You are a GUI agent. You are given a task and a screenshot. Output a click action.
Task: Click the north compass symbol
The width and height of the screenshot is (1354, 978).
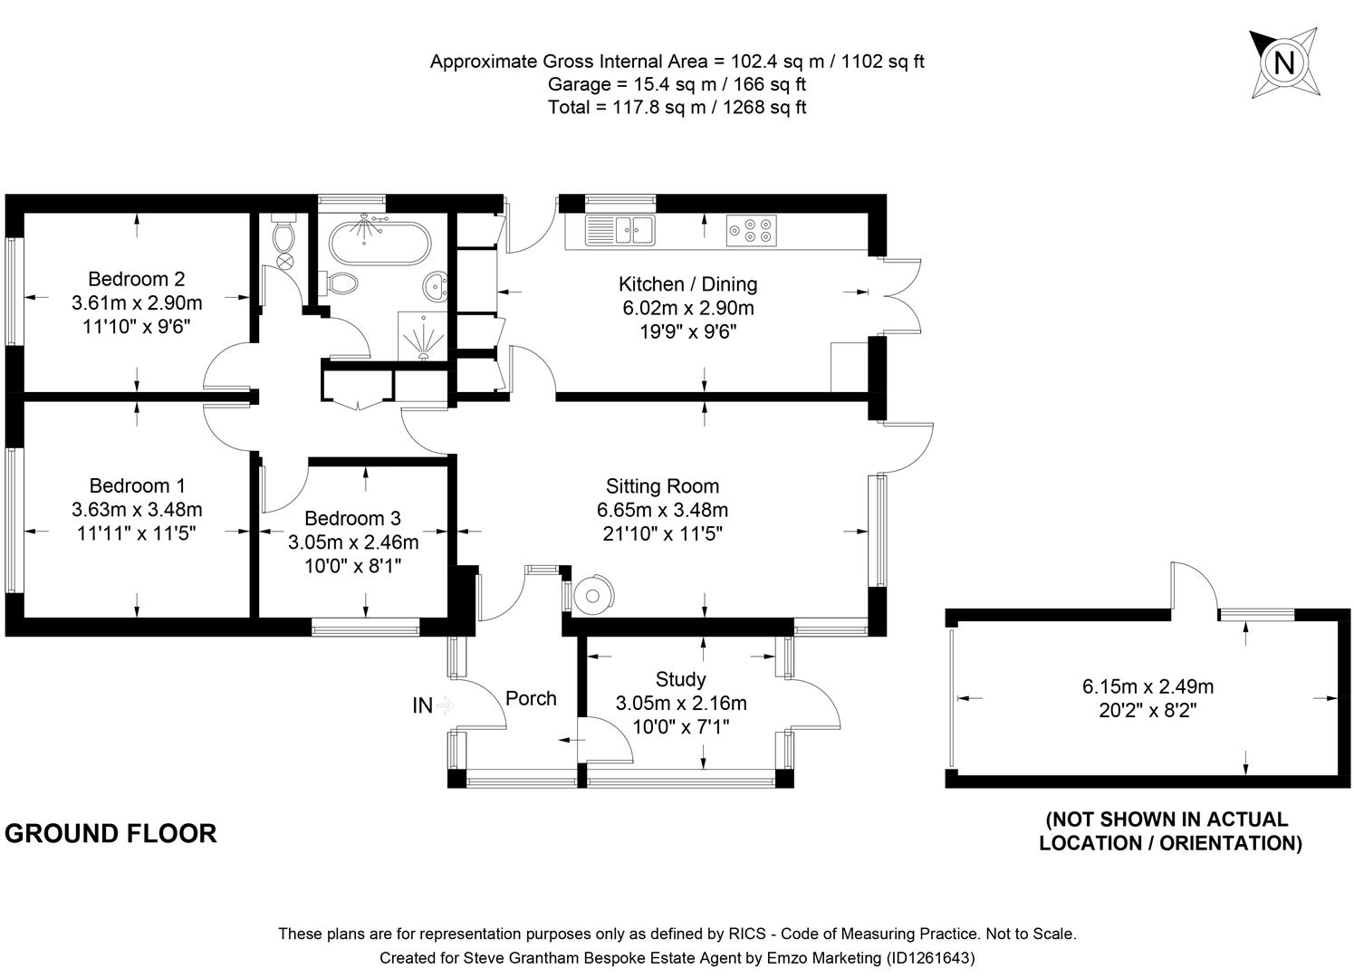point(1283,62)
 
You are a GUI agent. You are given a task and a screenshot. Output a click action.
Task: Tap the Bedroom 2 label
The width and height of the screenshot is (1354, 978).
point(136,279)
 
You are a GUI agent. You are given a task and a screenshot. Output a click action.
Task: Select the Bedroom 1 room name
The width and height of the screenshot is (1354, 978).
point(137,486)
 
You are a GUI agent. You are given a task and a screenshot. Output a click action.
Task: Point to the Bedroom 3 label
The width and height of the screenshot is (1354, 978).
point(352,519)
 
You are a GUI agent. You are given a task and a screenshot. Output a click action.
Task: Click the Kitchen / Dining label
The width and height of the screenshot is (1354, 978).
point(687,284)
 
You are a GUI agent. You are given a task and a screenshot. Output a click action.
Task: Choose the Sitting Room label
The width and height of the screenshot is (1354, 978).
point(662,486)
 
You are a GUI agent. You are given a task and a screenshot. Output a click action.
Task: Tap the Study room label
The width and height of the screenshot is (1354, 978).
point(680,679)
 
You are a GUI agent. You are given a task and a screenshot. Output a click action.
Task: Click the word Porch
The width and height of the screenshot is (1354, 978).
point(531,698)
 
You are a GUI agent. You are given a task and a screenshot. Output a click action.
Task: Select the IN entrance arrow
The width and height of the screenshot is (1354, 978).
point(433,705)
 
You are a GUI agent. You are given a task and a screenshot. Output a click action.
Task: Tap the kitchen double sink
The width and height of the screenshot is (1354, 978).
point(619,230)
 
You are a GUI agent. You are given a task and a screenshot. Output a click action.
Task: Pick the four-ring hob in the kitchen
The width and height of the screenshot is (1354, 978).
point(751,230)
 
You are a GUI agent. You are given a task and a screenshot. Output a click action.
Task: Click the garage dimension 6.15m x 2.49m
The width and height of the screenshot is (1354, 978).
point(1148,686)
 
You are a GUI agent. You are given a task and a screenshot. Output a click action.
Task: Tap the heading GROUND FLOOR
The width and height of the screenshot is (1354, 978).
point(110,833)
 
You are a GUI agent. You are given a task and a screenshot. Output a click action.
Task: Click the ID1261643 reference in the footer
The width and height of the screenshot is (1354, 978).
point(930,957)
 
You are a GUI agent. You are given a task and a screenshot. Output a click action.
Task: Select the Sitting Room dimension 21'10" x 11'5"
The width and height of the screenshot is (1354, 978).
point(662,533)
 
